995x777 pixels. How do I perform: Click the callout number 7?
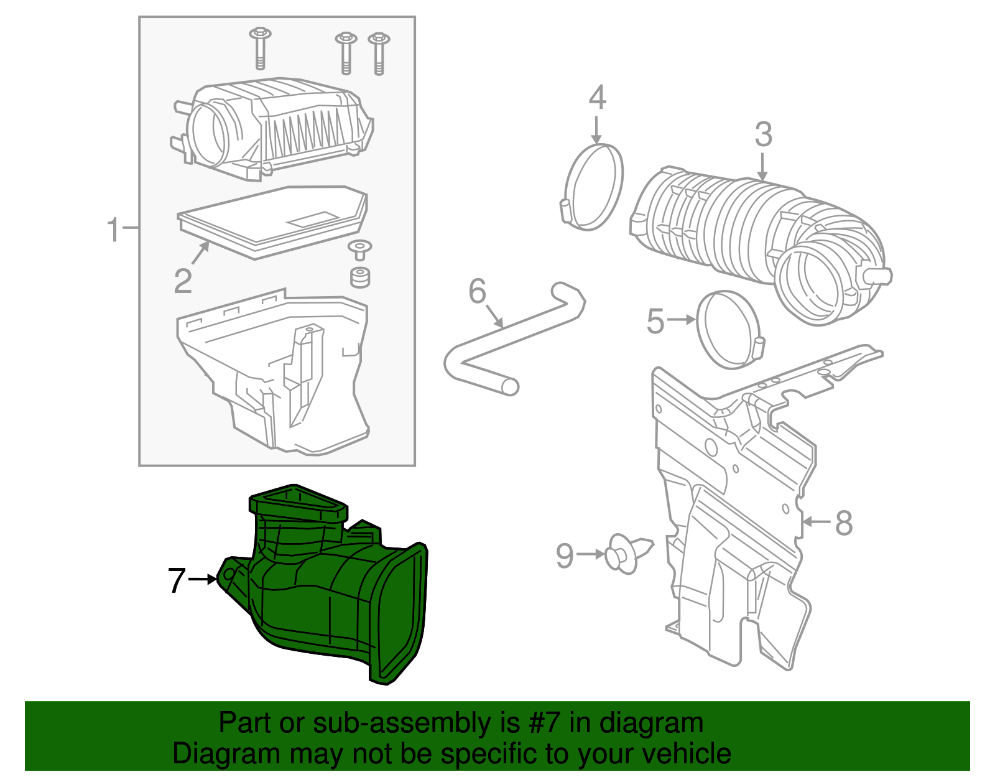[177, 581]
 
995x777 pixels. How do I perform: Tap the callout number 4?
[597, 98]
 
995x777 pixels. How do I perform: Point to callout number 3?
[763, 134]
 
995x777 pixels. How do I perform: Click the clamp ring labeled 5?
[728, 330]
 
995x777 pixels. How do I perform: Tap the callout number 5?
[655, 322]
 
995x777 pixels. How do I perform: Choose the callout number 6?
[477, 291]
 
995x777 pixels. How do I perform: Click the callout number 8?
[843, 523]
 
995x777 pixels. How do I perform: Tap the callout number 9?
[565, 556]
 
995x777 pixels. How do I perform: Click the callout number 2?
[183, 281]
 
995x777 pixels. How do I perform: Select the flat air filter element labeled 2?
[274, 221]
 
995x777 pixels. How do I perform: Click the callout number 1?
[113, 230]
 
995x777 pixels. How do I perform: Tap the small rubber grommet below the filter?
[360, 277]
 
